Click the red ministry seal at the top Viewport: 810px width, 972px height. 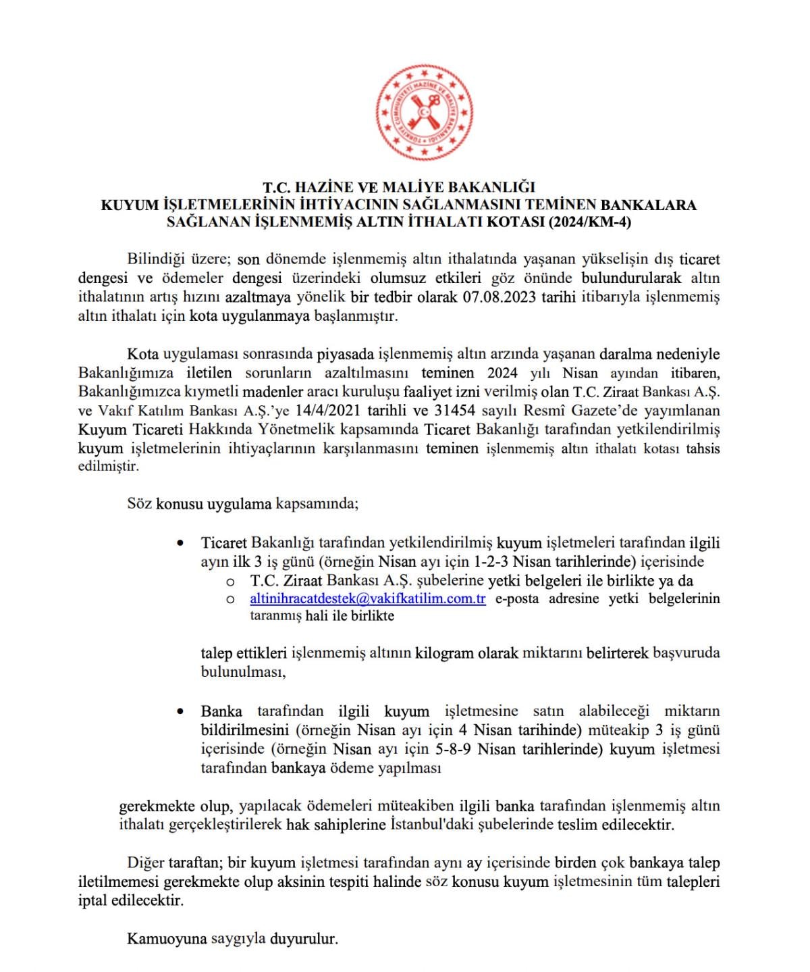[x=423, y=113]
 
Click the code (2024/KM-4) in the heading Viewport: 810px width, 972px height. [x=589, y=222]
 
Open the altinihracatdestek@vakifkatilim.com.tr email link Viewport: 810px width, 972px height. [x=368, y=599]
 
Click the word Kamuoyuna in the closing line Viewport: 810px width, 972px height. [x=167, y=939]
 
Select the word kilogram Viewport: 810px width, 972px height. [x=445, y=653]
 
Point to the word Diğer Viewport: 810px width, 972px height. [x=146, y=863]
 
